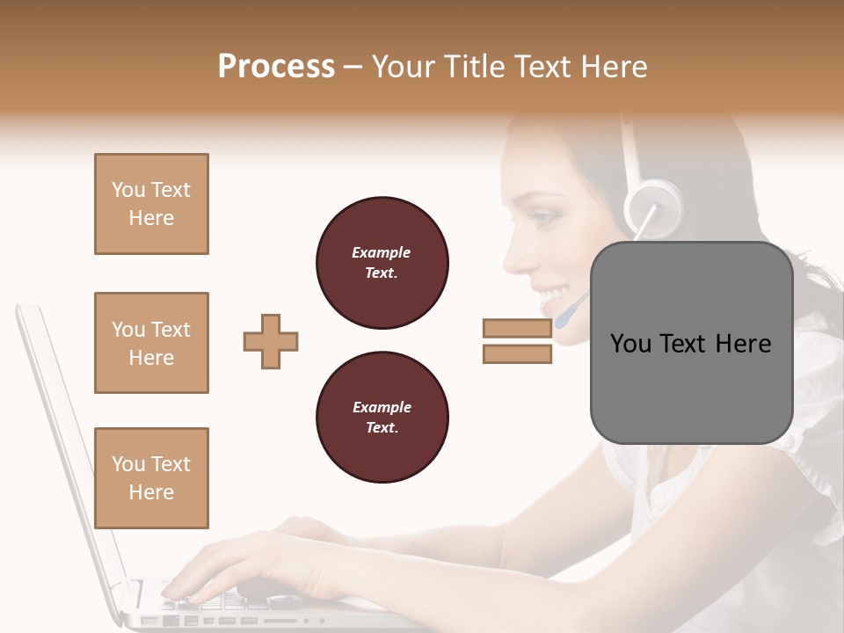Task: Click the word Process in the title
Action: [x=276, y=67]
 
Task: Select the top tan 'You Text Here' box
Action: [x=151, y=204]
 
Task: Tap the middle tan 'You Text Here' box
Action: [x=151, y=343]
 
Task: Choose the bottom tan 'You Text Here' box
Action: [x=151, y=477]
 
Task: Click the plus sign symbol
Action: [x=271, y=341]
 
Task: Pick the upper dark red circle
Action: [x=382, y=263]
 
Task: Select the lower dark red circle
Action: [x=382, y=418]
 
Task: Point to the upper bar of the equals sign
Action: [x=517, y=328]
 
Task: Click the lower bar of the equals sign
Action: [x=517, y=354]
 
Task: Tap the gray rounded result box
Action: [x=691, y=343]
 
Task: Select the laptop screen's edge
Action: [x=62, y=440]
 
